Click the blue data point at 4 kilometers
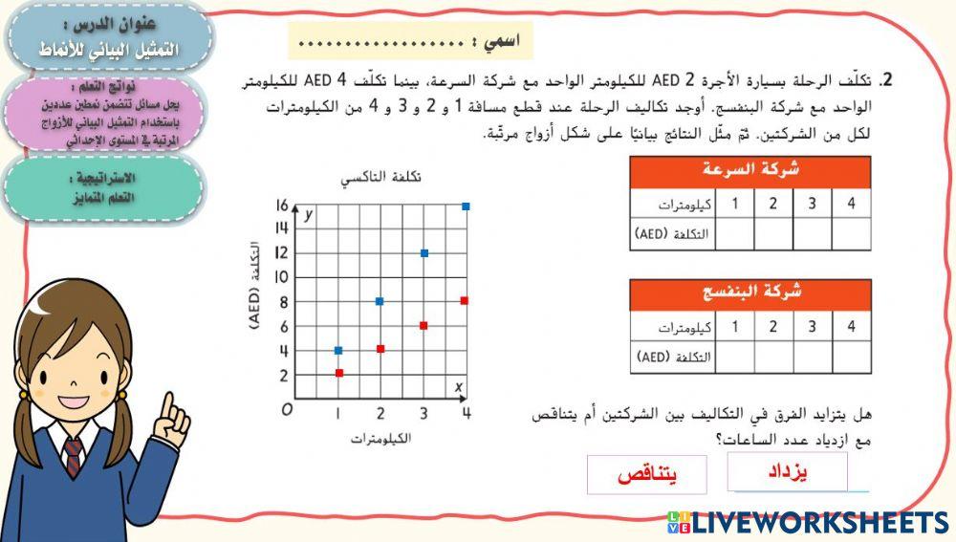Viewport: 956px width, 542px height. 466,206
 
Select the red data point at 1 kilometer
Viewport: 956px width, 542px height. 338,373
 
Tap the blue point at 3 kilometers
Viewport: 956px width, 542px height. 424,253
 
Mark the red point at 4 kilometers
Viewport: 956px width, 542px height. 465,301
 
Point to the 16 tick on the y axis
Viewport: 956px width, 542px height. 281,206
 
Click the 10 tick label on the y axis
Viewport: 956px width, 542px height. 281,277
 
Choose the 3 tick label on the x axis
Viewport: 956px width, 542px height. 424,413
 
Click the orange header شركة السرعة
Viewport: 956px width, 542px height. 750,172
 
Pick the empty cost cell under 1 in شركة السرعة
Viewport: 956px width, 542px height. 734,233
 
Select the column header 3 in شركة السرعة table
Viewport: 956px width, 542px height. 812,204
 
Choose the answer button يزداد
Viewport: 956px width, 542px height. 787,471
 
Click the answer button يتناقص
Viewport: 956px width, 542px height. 646,475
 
